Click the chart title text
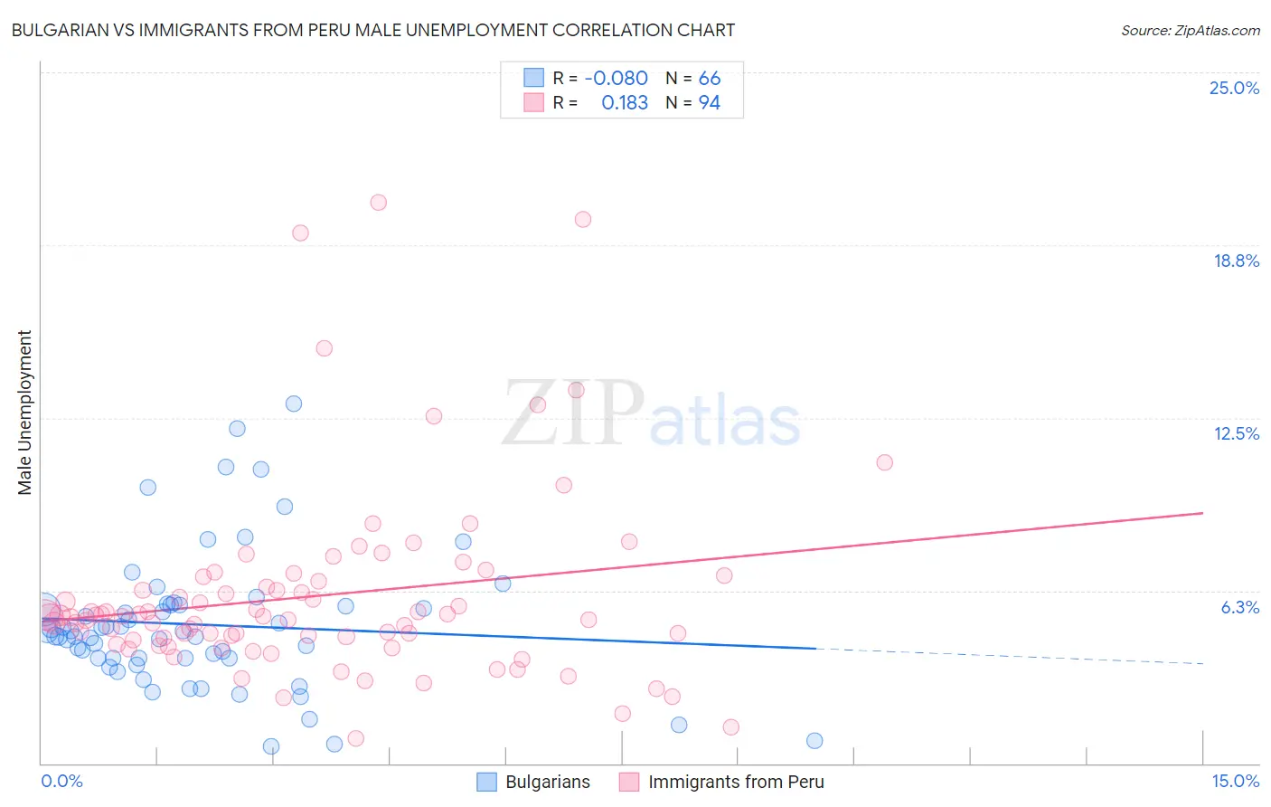(373, 30)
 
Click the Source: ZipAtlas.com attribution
(1190, 30)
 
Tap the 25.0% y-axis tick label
(1234, 88)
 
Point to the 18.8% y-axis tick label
(1236, 261)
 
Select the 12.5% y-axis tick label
(1236, 433)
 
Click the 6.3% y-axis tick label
(1239, 607)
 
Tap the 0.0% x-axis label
(61, 781)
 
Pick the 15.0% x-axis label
(1235, 781)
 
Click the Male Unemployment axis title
(24, 413)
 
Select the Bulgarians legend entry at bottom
(547, 782)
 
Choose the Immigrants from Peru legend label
(736, 782)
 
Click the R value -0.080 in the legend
(616, 79)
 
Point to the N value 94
(709, 103)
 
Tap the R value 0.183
(625, 103)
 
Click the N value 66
(709, 79)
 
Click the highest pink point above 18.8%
(379, 203)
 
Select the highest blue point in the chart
(294, 403)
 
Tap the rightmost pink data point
(885, 462)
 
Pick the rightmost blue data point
(814, 740)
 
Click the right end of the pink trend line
(1202, 513)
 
